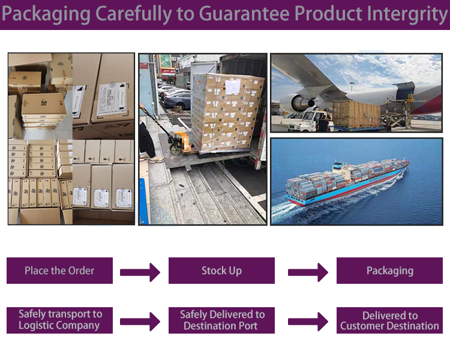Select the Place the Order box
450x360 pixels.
click(59, 271)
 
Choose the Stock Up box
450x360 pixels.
click(221, 271)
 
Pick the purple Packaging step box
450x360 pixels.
click(389, 271)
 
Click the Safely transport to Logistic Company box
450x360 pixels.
click(60, 320)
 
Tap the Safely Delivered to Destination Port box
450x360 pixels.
click(221, 320)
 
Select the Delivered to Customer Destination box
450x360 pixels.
click(389, 320)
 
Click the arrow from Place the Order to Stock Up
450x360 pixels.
click(140, 272)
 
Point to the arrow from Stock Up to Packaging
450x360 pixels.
click(308, 272)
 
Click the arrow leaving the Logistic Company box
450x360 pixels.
click(140, 322)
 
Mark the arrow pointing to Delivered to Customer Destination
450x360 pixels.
click(308, 322)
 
